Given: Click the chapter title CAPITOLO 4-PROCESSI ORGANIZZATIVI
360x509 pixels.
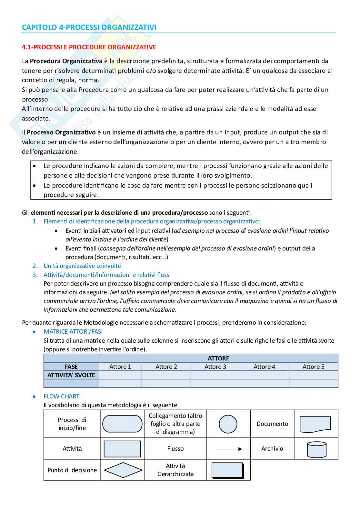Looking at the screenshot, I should (x=89, y=27).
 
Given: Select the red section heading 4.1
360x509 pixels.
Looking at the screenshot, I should (x=89, y=47).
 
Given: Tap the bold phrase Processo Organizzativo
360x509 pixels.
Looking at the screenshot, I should (x=61, y=132).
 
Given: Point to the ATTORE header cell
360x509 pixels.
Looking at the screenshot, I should (x=218, y=358).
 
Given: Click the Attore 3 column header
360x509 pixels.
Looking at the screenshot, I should (x=215, y=367).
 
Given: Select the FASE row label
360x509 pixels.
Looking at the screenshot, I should (x=71, y=367).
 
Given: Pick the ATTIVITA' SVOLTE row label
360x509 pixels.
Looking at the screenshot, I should (x=71, y=375).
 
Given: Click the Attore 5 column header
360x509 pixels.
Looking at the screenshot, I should (x=313, y=367).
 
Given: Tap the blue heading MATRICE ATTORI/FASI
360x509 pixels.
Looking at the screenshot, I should (x=73, y=331).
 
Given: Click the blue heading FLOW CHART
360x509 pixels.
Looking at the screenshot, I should (x=61, y=396).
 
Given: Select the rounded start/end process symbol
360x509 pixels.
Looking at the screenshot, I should (x=122, y=424).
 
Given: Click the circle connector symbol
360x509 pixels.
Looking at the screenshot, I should (x=228, y=424).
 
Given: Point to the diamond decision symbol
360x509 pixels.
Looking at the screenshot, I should (x=122, y=470).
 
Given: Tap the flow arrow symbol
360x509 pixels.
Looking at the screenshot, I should (x=228, y=449).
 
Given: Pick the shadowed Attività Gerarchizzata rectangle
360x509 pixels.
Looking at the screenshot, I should (x=228, y=470).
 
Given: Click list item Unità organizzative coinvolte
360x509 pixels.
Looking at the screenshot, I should (x=82, y=266).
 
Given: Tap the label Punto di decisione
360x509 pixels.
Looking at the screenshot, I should (x=72, y=470).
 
